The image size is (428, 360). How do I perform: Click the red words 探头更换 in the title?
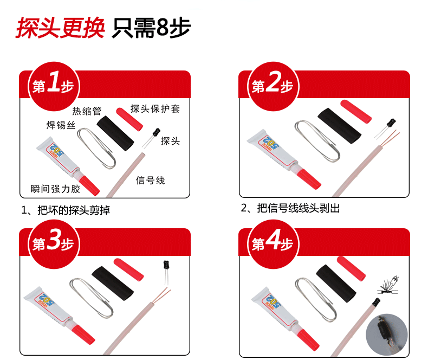61,28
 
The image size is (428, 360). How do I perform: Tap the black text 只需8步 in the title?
151,28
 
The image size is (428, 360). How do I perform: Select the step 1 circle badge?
54,86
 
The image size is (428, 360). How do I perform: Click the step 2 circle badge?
273,86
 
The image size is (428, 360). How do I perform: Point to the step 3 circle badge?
54,244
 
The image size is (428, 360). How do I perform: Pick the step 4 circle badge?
273,244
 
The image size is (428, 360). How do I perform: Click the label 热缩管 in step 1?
87,111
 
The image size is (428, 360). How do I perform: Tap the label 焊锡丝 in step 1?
61,125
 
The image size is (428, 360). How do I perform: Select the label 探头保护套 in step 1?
155,109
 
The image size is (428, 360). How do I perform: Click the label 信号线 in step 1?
151,181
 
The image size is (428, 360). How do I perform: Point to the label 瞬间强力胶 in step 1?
55,189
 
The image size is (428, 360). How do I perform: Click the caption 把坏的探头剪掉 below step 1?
74,210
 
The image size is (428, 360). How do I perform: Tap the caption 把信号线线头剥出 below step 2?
299,208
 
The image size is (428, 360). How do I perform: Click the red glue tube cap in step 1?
89,185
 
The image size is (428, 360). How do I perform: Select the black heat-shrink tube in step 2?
339,126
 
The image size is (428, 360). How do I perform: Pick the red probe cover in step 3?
129,269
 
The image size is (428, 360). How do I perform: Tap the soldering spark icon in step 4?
388,285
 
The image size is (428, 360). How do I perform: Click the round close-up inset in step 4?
386,335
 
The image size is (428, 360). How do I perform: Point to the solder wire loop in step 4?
315,299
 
